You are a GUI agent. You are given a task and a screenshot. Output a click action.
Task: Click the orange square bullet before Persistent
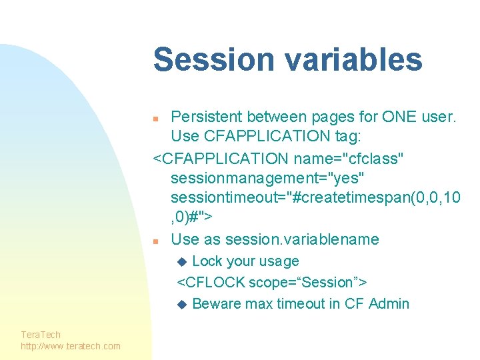click(155, 119)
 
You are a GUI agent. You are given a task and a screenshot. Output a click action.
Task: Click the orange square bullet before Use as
click(155, 241)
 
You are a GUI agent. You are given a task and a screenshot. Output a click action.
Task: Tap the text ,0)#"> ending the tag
click(192, 218)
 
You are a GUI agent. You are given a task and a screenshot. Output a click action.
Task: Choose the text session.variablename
click(302, 239)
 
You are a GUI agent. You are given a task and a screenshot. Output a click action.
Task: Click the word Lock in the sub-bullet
click(207, 261)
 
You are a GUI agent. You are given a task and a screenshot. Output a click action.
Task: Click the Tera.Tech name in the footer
click(41, 334)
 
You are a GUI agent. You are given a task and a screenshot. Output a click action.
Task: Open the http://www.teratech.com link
click(71, 345)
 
